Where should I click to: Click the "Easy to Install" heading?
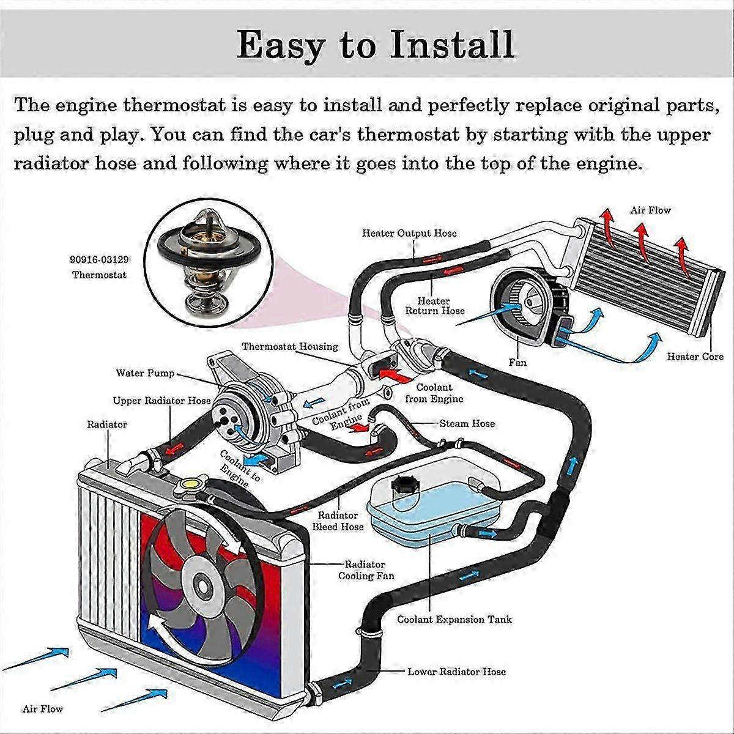(x=375, y=44)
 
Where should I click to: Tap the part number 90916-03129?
(x=99, y=260)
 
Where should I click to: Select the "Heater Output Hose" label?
(x=409, y=233)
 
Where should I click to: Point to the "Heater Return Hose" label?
(x=434, y=306)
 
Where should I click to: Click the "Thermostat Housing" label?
(x=290, y=347)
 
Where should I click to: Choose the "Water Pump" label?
(x=145, y=373)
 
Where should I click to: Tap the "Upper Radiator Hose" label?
(x=161, y=401)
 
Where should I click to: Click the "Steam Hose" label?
(x=467, y=423)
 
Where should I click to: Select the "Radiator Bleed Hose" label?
(x=338, y=521)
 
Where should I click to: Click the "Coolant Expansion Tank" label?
(x=454, y=620)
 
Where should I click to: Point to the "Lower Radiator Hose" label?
(x=457, y=672)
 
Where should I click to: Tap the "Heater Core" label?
(x=695, y=357)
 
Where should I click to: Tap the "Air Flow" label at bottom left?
(x=43, y=709)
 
